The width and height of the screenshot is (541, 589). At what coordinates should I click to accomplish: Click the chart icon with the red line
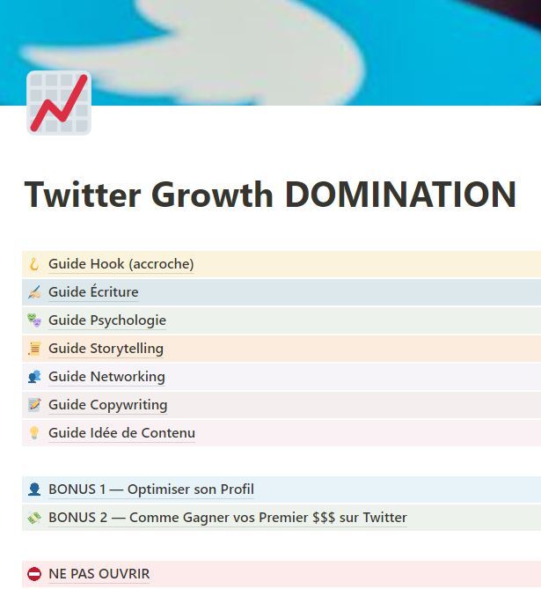pos(59,103)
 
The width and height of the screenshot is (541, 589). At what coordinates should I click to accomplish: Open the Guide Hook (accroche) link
pos(121,264)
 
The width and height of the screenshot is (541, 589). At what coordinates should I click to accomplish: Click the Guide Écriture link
pos(93,292)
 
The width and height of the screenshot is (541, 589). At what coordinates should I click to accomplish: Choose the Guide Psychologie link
pos(107,320)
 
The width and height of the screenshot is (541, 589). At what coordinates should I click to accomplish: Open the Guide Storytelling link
pos(106,349)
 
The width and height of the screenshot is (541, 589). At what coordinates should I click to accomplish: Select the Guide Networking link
pos(106,377)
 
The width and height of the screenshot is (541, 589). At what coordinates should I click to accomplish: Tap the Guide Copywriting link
pos(107,405)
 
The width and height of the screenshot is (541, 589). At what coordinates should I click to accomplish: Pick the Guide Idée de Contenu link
pos(121,433)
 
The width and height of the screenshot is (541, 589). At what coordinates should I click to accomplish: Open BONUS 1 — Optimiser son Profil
pos(151,490)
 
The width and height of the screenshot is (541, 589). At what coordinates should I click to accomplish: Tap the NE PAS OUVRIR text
pos(99,574)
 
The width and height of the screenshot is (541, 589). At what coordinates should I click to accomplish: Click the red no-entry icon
pos(34,574)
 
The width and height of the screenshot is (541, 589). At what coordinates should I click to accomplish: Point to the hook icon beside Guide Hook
pos(34,264)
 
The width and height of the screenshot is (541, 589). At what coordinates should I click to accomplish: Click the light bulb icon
pos(34,433)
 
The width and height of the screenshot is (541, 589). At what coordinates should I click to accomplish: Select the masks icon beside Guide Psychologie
pos(34,320)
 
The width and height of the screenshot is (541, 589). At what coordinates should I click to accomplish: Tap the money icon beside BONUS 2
pos(34,518)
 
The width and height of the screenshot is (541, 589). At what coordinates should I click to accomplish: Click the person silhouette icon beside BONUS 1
pos(34,490)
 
